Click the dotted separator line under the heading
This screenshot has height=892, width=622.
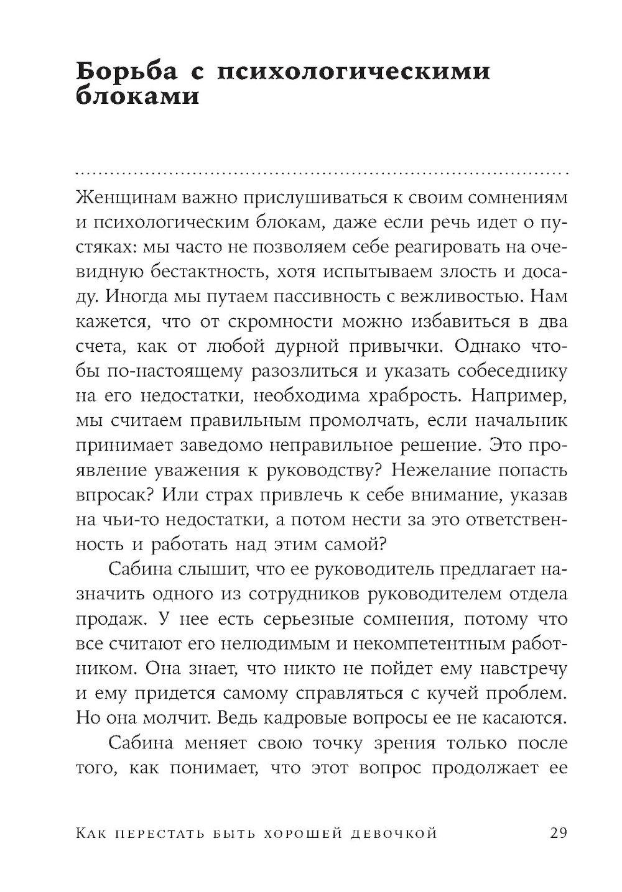coord(321,172)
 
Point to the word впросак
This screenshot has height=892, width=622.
coord(108,495)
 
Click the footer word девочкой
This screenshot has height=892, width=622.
coord(392,834)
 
